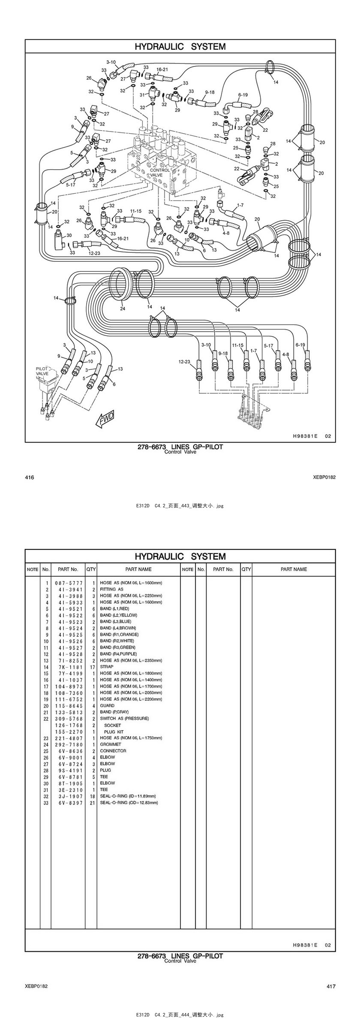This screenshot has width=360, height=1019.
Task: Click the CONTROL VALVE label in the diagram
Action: click(x=160, y=172)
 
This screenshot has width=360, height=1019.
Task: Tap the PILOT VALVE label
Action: click(x=42, y=371)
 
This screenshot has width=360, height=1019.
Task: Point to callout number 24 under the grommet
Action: click(x=123, y=309)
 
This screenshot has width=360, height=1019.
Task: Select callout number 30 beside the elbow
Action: click(x=69, y=235)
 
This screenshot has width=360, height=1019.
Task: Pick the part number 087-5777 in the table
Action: click(x=69, y=583)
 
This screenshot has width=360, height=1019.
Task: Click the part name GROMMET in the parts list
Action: click(x=111, y=744)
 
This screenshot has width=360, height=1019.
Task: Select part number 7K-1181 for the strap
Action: click(x=69, y=667)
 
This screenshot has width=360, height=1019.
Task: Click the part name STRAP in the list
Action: click(x=107, y=667)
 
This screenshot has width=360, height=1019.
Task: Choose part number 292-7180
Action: click(x=69, y=744)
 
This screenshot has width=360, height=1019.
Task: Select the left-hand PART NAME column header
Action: click(x=138, y=569)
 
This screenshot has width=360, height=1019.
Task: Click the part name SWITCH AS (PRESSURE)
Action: click(x=124, y=718)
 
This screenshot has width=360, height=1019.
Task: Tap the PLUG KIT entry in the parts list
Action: click(x=114, y=731)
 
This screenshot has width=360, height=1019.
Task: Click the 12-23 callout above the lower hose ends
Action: click(x=184, y=362)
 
